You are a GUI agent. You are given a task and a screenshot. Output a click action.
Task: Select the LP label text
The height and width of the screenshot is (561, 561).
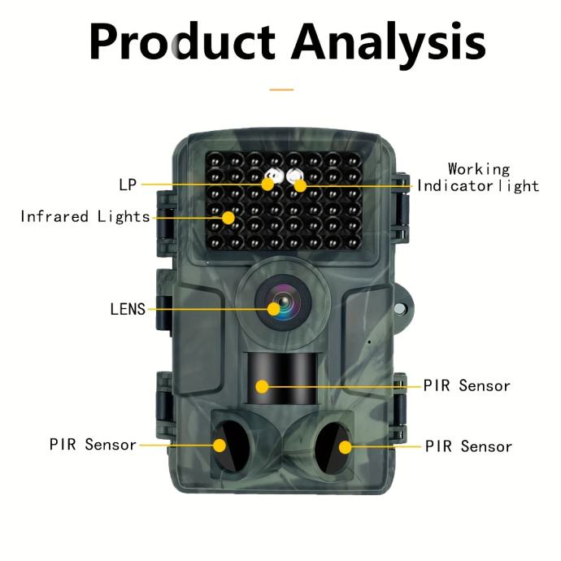(128, 185)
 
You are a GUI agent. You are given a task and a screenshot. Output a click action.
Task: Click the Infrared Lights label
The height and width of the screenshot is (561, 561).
(85, 217)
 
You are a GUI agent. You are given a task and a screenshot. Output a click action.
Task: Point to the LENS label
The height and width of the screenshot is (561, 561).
(128, 309)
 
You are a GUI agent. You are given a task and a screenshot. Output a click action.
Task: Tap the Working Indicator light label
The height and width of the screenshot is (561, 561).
(478, 177)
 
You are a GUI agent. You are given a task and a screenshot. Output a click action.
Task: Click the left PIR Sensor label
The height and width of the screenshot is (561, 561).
(93, 445)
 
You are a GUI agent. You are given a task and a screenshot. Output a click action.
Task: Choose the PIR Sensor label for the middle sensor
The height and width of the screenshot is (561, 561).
(467, 385)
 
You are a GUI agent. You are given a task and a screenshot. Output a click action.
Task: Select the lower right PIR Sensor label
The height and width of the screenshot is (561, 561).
(469, 446)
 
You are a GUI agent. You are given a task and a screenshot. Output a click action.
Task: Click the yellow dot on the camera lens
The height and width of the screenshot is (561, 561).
(274, 309)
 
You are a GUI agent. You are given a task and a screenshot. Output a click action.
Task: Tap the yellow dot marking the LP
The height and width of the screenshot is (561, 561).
(267, 185)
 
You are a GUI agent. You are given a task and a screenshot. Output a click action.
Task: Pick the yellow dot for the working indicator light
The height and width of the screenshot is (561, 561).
(300, 185)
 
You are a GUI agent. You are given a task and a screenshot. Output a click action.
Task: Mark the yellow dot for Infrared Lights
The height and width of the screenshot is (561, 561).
(228, 217)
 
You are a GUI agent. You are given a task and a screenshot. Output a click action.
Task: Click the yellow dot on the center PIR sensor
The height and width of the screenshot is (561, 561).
(262, 385)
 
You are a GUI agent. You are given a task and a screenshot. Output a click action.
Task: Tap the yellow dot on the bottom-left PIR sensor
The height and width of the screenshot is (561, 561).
(220, 445)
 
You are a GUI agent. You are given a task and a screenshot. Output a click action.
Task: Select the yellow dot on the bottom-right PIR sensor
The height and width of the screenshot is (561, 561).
(345, 446)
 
